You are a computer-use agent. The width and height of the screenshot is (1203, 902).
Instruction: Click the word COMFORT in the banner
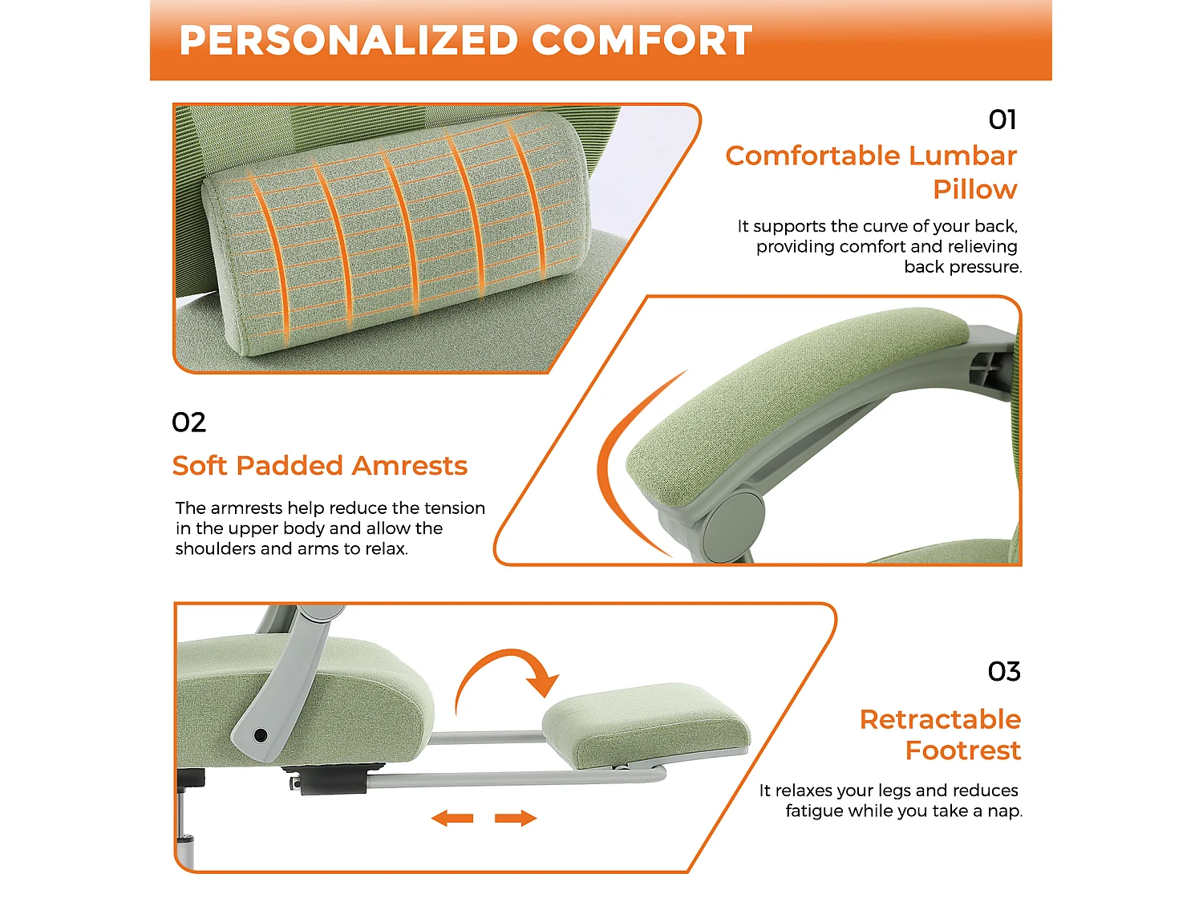click(642, 41)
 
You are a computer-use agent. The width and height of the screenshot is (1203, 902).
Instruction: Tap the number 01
click(1003, 119)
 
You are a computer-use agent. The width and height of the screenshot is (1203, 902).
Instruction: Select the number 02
click(189, 423)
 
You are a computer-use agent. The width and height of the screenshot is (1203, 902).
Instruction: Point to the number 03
click(1004, 671)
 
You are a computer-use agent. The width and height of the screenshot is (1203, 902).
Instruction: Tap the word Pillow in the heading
click(974, 190)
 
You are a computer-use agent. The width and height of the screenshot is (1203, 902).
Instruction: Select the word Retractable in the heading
click(940, 719)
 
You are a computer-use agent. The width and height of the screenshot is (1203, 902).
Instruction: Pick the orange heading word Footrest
click(962, 750)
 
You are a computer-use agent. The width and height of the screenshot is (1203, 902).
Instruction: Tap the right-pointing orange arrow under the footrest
click(516, 819)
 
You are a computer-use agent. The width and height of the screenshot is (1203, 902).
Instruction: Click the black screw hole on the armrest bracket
click(260, 734)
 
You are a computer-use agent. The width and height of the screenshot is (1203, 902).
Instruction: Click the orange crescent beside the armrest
click(618, 465)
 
